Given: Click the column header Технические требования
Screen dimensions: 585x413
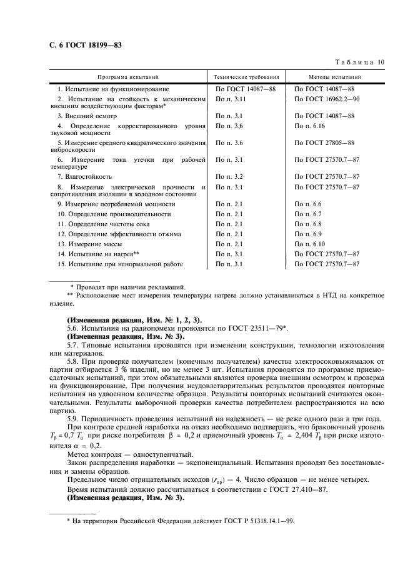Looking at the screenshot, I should tap(246, 77).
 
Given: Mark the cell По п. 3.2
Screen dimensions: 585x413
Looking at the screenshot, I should tap(229, 177).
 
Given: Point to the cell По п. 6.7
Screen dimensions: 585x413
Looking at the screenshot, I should tap(307, 213).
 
